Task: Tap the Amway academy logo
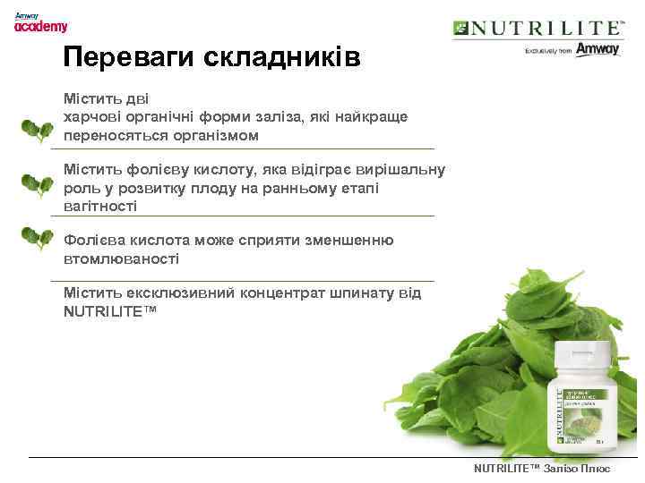pyautogui.click(x=40, y=22)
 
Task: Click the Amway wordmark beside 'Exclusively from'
pyautogui.click(x=598, y=50)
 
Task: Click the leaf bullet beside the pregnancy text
pyautogui.click(x=36, y=185)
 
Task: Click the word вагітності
pyautogui.click(x=100, y=207)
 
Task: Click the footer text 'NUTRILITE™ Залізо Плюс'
pyautogui.click(x=541, y=469)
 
